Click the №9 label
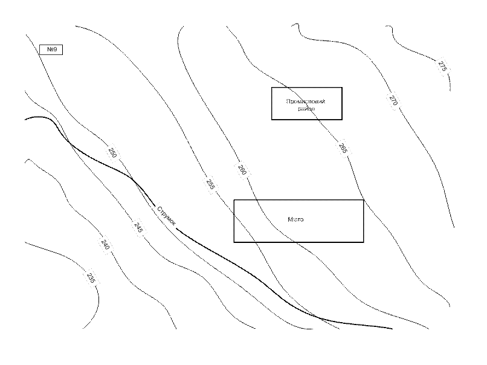51,50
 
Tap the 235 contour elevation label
91,278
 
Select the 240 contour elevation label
105,245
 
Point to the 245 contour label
138,228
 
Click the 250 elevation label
112,153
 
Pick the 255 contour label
210,184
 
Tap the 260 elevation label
242,170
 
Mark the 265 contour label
343,148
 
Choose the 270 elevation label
393,101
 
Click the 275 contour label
442,67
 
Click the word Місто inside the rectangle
296,220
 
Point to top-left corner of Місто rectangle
234,201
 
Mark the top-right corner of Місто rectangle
364,201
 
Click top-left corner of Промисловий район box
272,88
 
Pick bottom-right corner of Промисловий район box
342,120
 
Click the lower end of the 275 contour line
451,90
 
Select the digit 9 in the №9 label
54,50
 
